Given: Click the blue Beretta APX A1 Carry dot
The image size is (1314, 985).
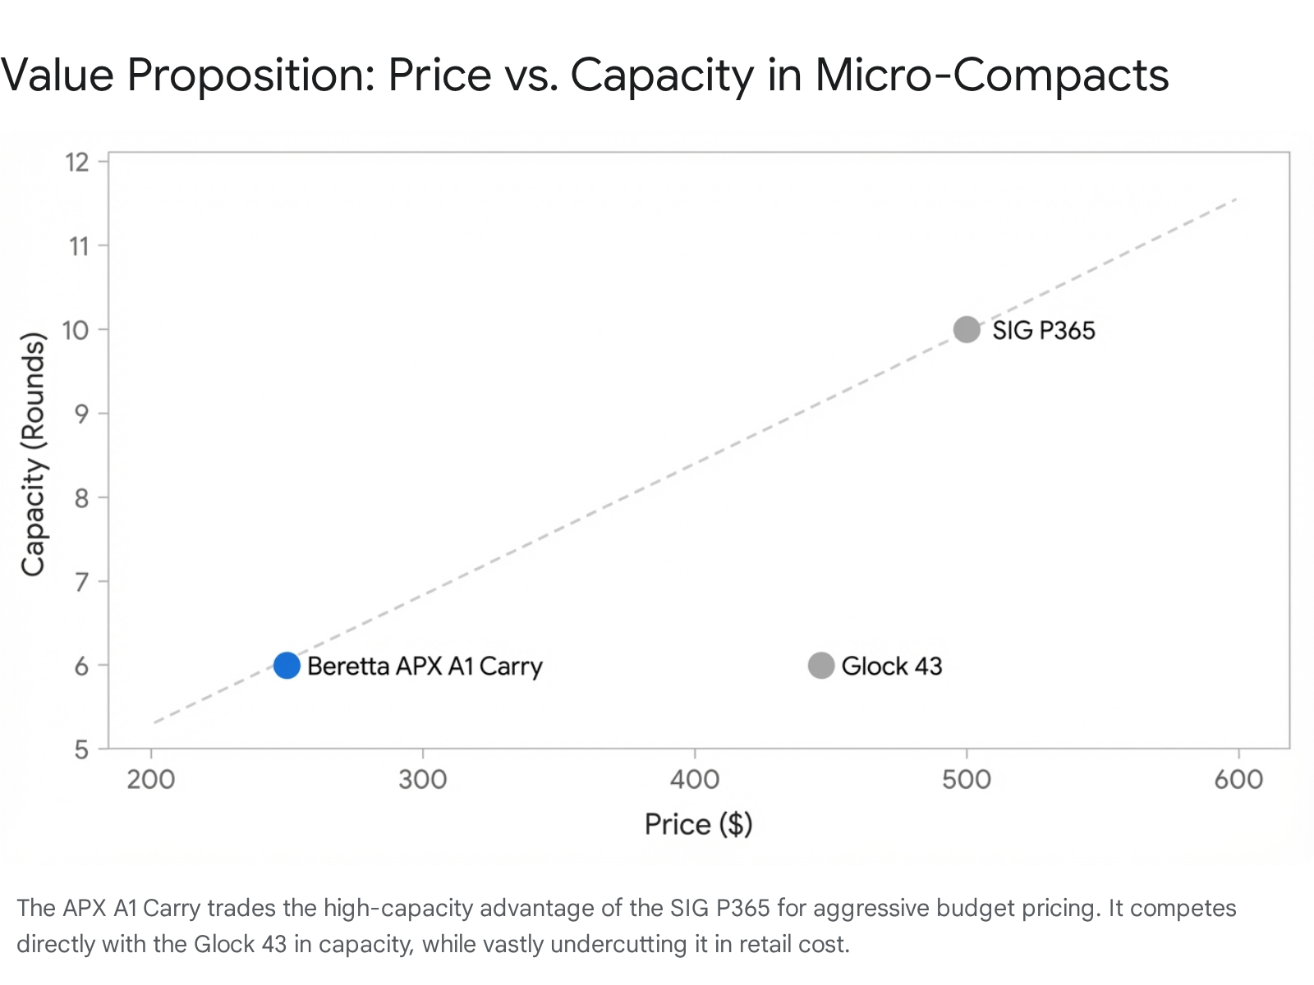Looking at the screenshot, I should click(287, 665).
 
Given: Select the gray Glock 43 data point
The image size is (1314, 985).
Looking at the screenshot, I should click(821, 665).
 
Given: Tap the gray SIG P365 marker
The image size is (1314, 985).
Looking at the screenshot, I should click(967, 329).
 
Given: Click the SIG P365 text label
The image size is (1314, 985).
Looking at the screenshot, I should click(1043, 330).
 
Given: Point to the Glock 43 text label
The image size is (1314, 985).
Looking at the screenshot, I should click(892, 666).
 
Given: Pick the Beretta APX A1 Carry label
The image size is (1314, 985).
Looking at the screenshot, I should click(425, 666).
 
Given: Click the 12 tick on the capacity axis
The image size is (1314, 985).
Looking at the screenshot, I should click(78, 162).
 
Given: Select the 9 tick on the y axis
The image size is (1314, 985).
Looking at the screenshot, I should click(80, 414).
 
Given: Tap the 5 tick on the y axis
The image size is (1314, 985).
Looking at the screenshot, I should click(80, 749).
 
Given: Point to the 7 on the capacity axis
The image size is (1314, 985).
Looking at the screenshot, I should click(80, 582).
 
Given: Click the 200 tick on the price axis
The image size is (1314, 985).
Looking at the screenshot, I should click(151, 778).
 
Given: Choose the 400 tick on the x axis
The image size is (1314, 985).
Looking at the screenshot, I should click(695, 778).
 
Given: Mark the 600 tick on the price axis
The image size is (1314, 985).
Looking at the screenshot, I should click(1238, 778).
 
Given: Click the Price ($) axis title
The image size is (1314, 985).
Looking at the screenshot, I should click(698, 823).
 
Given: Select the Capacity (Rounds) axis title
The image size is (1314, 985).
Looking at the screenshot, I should click(33, 454).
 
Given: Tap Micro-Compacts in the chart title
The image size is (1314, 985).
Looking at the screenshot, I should click(991, 75).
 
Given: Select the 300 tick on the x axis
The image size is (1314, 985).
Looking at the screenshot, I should click(423, 778).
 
